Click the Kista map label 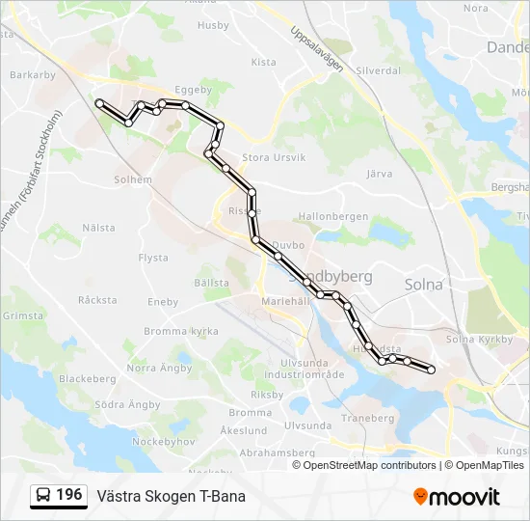[x=263, y=62]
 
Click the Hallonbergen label [x=333, y=217]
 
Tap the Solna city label [x=423, y=285]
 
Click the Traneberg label [x=368, y=419]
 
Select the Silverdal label [x=378, y=71]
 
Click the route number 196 [x=68, y=495]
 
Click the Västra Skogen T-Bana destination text [x=171, y=496]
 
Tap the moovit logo [x=457, y=497]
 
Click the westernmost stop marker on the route [x=99, y=101]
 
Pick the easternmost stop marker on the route [x=431, y=370]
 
